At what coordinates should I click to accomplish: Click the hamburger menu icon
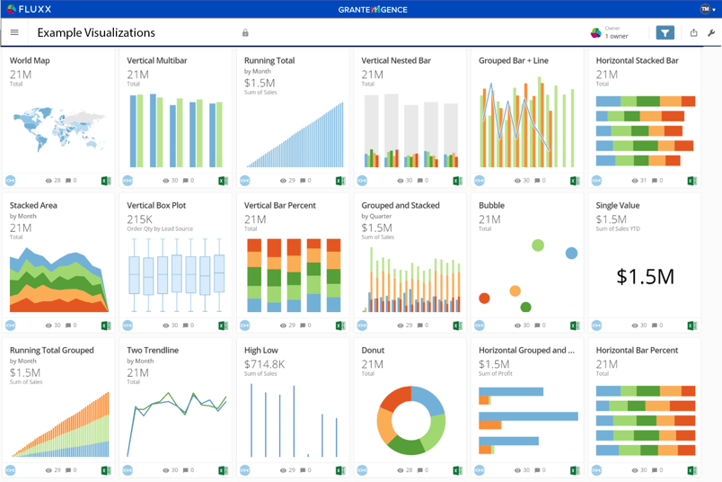pyautogui.click(x=14, y=33)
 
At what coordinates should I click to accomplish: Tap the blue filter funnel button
pyautogui.click(x=665, y=33)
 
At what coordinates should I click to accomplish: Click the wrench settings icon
pyautogui.click(x=711, y=33)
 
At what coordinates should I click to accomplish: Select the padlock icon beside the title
pyautogui.click(x=245, y=33)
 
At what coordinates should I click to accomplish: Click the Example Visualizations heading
pyautogui.click(x=96, y=33)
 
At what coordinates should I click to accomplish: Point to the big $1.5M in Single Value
pyautogui.click(x=645, y=277)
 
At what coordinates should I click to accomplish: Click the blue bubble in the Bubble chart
pyautogui.click(x=571, y=254)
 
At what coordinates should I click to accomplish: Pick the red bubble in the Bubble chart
pyautogui.click(x=484, y=299)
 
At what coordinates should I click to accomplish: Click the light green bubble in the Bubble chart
pyautogui.click(x=538, y=245)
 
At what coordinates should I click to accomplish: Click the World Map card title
pyautogui.click(x=30, y=61)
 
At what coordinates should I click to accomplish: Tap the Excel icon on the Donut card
pyautogui.click(x=457, y=470)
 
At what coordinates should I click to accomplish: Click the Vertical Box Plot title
pyautogui.click(x=156, y=206)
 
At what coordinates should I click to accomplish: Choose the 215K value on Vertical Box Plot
pyautogui.click(x=139, y=219)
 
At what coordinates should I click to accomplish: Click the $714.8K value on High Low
pyautogui.click(x=264, y=364)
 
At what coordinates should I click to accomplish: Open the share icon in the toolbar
pyautogui.click(x=693, y=33)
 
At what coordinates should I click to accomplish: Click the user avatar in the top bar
pyautogui.click(x=705, y=9)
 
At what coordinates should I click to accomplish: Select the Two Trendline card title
pyautogui.click(x=153, y=351)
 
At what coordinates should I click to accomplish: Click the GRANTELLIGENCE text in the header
pyautogui.click(x=373, y=10)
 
